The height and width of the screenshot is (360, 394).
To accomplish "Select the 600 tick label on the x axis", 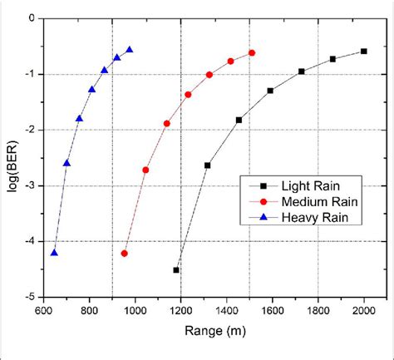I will coord(43,310).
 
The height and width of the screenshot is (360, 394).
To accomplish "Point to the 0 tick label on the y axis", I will coord(31,17).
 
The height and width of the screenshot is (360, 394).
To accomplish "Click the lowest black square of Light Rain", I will coord(176,270).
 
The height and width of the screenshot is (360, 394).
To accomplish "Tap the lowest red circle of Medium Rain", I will coord(125,254).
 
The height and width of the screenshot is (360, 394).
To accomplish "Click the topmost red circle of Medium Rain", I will coord(252,52).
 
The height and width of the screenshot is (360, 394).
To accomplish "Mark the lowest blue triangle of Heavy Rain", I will coord(54,253).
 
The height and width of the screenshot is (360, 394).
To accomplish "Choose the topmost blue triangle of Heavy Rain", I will coord(130,49).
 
